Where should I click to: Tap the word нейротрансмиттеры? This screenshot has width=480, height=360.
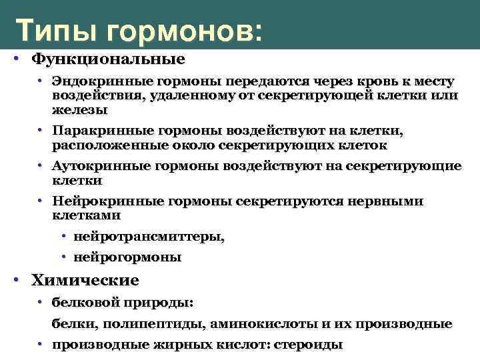149,237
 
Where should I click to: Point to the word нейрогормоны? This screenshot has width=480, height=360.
127,257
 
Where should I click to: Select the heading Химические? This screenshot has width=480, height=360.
85,280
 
